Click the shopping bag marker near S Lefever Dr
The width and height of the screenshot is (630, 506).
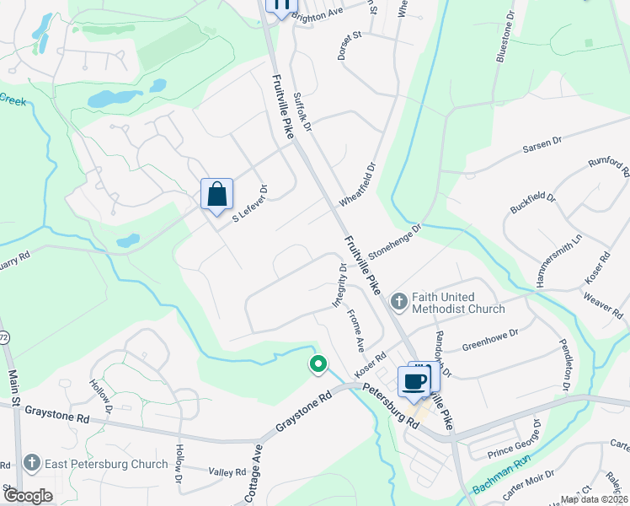point(216,194)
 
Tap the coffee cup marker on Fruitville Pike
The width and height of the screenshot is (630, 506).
point(414,381)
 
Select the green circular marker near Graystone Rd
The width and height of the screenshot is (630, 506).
point(318,364)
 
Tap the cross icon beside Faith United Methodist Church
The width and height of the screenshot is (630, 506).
point(398,299)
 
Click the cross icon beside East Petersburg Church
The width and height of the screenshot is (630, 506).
point(31,463)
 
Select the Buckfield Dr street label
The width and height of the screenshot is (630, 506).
point(533,203)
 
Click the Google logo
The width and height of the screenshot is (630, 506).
point(27,495)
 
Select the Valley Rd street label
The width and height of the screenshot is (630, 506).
point(227,472)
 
